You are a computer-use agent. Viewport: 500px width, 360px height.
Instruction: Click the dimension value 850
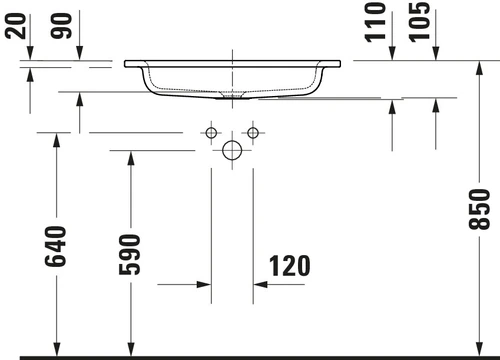479,209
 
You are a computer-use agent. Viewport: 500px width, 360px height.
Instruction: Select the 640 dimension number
55,246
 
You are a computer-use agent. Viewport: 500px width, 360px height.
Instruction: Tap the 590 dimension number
130,255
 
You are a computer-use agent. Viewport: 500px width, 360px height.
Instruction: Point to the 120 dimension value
289,266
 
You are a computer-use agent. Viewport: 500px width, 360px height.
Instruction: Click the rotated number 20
16,26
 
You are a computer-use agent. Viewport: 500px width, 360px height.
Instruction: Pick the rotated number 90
61,26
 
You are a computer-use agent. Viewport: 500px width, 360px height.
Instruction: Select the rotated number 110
375,22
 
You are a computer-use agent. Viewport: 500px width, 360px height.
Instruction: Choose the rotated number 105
419,22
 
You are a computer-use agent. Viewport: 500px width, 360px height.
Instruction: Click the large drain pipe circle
232,150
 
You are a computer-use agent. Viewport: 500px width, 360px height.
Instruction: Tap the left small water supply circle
211,133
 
